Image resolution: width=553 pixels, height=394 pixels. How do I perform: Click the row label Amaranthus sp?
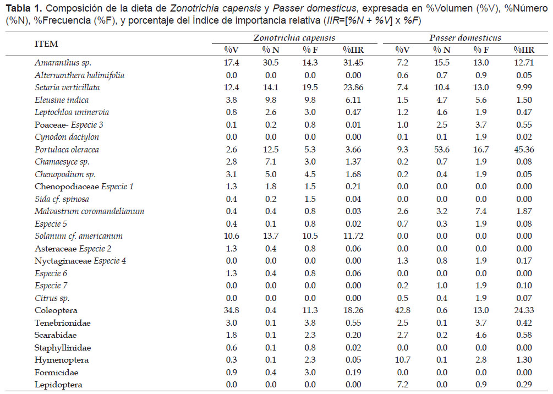[x=63, y=63]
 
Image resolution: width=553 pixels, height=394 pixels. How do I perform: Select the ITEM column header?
[x=46, y=43]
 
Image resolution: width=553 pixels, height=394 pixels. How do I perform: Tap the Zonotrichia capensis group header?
[x=294, y=38]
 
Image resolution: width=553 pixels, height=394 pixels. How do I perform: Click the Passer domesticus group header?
[x=465, y=38]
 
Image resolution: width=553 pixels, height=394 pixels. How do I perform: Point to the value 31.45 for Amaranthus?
[x=353, y=63]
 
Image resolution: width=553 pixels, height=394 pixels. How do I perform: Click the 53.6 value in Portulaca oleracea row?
[x=441, y=150]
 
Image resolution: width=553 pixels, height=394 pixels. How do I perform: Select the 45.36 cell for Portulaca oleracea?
[x=524, y=150]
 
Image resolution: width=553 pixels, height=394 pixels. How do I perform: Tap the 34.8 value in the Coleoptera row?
[x=231, y=310]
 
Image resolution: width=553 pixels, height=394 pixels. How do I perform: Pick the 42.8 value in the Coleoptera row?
[x=402, y=310]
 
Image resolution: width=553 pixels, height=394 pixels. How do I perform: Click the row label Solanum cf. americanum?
[x=79, y=236]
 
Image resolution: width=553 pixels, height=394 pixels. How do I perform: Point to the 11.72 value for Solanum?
[x=353, y=236]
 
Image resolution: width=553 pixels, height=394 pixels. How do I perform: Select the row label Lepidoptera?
[x=58, y=385]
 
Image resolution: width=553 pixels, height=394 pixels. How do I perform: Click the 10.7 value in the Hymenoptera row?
[x=402, y=360]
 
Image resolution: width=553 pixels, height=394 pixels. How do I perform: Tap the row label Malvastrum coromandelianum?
[x=90, y=211]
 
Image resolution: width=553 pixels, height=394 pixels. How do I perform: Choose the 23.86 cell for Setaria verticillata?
[x=353, y=87]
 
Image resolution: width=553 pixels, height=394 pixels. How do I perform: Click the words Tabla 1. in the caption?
[x=24, y=8]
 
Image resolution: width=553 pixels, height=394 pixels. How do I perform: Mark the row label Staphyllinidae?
[x=63, y=348]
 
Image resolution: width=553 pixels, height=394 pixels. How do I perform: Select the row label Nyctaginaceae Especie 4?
[x=80, y=261]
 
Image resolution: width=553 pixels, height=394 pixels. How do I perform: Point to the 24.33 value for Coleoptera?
[x=524, y=310]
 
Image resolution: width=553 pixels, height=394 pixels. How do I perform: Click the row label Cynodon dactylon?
[x=67, y=137]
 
